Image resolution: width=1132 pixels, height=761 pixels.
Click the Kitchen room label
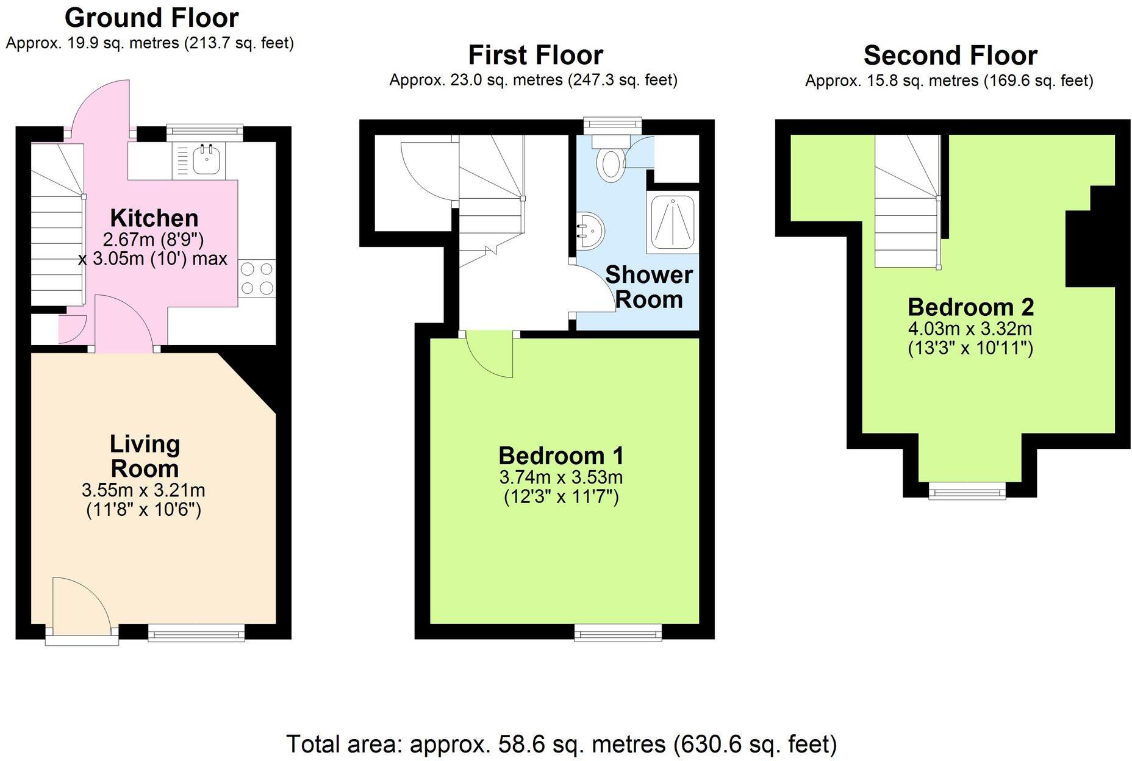click(x=154, y=218)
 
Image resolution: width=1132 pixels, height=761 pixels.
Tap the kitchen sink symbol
click(x=206, y=160)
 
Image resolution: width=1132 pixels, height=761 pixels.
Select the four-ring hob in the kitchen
click(x=257, y=278)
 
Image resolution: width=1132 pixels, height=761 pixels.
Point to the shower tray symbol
click(x=672, y=222)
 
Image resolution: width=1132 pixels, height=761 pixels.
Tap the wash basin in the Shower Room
click(x=590, y=230)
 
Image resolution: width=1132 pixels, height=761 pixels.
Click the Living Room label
click(x=145, y=456)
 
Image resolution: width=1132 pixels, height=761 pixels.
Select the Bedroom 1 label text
click(x=561, y=456)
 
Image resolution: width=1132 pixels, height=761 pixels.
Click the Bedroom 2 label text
click(x=970, y=307)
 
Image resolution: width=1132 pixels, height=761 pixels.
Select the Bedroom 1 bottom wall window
click(x=618, y=635)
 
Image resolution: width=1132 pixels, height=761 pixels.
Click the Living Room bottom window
click(x=196, y=635)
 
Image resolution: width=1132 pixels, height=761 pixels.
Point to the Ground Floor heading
click(x=151, y=18)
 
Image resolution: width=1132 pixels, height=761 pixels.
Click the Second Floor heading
click(x=950, y=55)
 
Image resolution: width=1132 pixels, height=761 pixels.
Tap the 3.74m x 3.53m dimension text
click(x=561, y=477)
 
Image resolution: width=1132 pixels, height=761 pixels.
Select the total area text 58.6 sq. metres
click(x=561, y=744)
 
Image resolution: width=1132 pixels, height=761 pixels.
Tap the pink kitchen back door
click(x=101, y=107)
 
